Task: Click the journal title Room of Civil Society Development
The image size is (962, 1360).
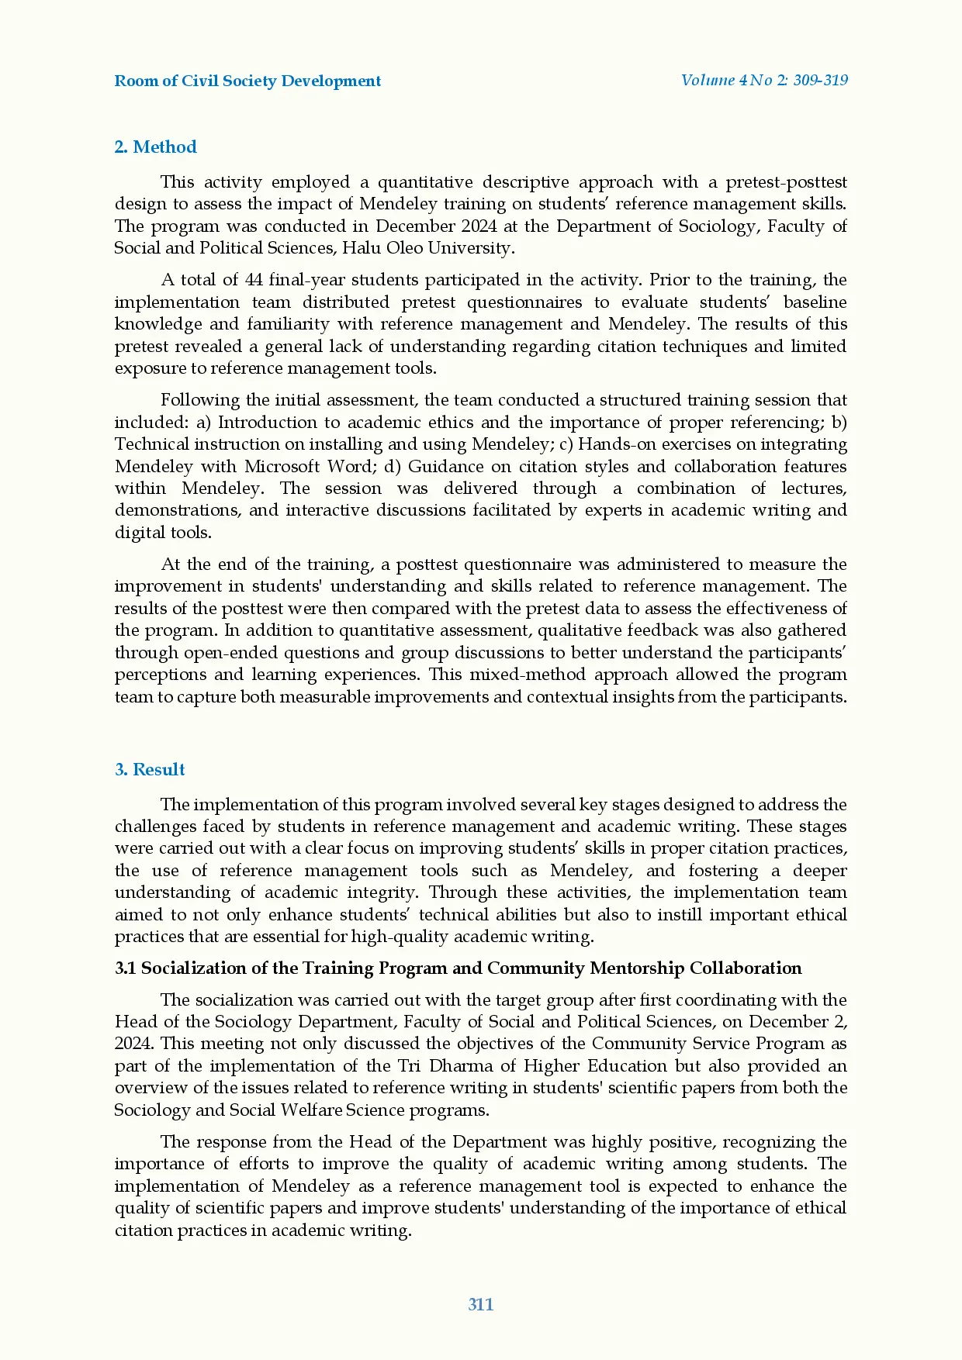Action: pos(247,81)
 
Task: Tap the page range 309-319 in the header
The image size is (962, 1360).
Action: pos(820,80)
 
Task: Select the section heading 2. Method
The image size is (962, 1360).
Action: pos(155,147)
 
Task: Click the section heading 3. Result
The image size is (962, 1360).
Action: pos(150,769)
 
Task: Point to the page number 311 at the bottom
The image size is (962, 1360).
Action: pos(481,1304)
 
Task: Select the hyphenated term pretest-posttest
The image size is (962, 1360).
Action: pos(786,182)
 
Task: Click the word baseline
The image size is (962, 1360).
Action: pos(815,302)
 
